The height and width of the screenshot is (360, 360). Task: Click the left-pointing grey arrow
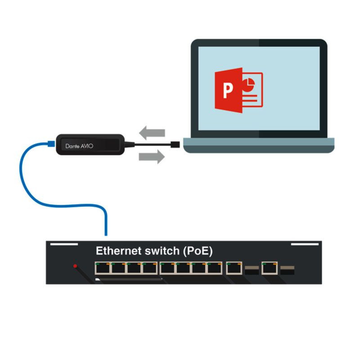click(152, 133)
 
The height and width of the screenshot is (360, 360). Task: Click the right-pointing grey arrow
click(152, 157)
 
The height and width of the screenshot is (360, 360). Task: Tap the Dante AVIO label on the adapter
click(79, 146)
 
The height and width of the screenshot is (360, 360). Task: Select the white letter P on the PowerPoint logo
click(228, 90)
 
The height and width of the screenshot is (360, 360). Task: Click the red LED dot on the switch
click(75, 266)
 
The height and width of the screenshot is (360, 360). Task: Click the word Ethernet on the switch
click(118, 251)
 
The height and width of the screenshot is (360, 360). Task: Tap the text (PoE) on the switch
click(198, 251)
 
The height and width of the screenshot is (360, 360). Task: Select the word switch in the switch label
click(162, 251)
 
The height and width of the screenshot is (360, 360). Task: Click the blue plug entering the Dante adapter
click(51, 144)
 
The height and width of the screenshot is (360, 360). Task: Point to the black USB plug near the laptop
click(175, 144)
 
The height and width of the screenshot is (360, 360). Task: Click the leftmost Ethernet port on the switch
click(103, 268)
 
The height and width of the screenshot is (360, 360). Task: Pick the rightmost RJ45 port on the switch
click(270, 268)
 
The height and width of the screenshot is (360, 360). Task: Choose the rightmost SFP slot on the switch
click(288, 270)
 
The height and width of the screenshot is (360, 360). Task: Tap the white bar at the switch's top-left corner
click(64, 244)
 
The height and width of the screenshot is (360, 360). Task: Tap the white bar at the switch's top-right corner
click(305, 244)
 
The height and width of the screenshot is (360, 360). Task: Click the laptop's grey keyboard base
click(259, 145)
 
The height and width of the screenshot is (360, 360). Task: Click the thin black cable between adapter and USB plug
click(153, 144)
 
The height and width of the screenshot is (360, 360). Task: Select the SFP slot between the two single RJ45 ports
click(252, 270)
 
